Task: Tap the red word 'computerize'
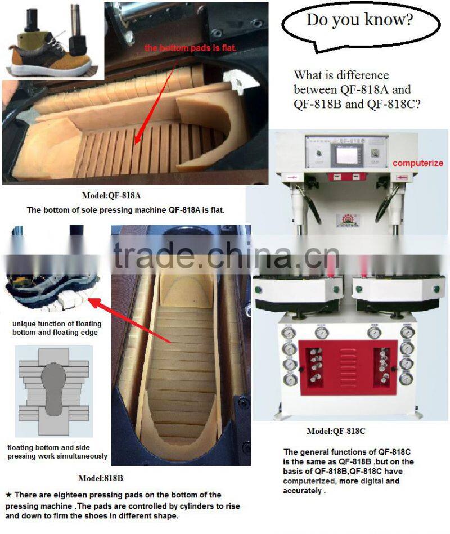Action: (418, 163)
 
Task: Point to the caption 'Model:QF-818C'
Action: (335, 431)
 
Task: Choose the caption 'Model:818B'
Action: (101, 478)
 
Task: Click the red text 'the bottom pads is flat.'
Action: (191, 48)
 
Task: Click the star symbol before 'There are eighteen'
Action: (8, 495)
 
